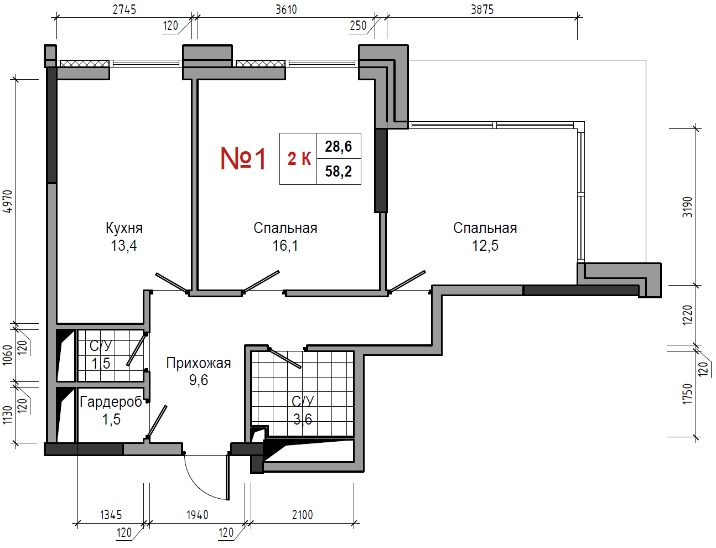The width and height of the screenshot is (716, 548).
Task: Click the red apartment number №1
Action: [243, 158]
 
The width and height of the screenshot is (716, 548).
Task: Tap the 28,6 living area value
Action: [338, 146]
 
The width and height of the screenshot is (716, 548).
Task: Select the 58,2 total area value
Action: [338, 171]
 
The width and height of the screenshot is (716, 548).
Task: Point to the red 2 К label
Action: [299, 159]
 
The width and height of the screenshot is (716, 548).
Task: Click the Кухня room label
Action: [124, 228]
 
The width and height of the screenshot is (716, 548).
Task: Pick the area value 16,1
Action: [285, 245]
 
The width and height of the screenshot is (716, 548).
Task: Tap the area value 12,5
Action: [485, 245]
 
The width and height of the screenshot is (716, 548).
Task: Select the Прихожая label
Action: [198, 363]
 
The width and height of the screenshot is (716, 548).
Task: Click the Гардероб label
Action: [111, 402]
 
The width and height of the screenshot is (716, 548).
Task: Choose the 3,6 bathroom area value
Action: [302, 419]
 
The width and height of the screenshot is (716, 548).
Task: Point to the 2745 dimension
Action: [124, 10]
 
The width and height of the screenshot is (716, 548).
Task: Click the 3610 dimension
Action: [286, 10]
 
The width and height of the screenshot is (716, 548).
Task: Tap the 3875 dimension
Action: [482, 10]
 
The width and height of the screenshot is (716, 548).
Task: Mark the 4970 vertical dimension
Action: [8, 201]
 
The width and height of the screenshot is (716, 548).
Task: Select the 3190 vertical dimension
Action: [687, 207]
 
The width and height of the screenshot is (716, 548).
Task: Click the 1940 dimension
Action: [198, 515]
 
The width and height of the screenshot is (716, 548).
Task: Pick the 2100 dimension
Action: [302, 515]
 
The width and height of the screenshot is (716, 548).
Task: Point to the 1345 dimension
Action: [111, 515]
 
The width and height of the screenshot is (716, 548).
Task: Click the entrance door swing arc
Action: [200, 485]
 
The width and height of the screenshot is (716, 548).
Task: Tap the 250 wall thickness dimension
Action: [358, 25]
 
